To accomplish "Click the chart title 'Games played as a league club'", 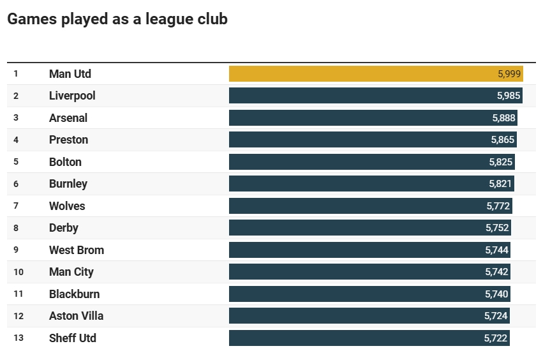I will pos(117,19).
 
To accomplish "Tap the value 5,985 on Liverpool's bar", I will pos(509,96).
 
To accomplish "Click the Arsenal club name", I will pos(68,118).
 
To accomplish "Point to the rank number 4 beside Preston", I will pos(16,140).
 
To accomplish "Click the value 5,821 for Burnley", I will pos(500,184).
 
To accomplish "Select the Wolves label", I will pos(67,206).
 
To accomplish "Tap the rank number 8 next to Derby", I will pos(16,228).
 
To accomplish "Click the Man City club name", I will pos(71,272).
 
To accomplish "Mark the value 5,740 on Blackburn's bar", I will pos(496,294).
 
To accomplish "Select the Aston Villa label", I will pos(76,316).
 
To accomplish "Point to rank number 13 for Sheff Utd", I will pos(19,338).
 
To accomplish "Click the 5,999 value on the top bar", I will pos(509,74).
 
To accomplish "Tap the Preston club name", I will pos(68,140).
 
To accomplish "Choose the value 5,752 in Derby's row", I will pos(497,228).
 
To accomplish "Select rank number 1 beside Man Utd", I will pos(16,74).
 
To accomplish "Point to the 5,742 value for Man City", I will pos(496,272).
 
